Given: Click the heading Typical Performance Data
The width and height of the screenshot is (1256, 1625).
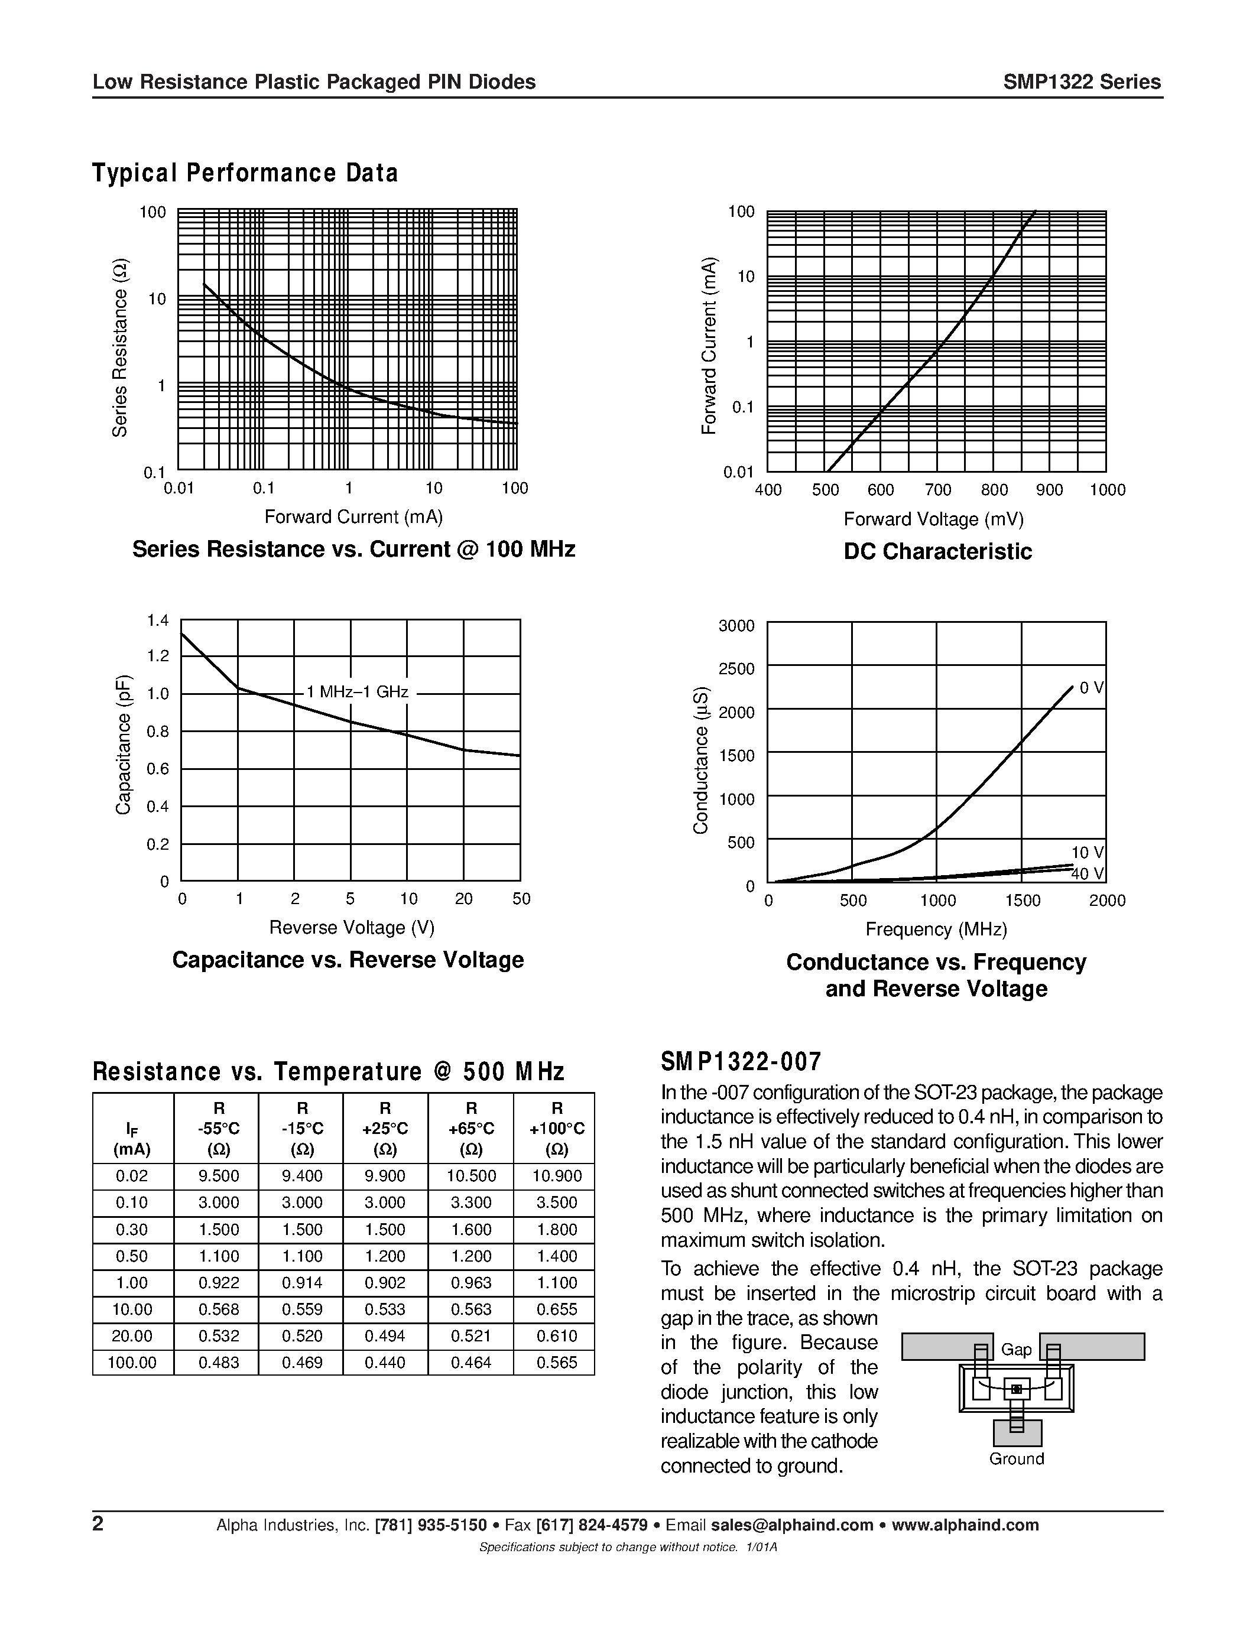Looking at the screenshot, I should coord(245,173).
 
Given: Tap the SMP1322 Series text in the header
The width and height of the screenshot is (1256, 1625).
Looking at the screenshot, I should coord(1081,82).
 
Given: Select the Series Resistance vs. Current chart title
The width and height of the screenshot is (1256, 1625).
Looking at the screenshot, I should coord(353,549).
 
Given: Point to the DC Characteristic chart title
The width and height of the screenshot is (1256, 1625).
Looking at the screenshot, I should coord(937,551).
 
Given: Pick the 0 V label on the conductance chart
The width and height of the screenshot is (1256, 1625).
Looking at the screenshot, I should coord(1091,688).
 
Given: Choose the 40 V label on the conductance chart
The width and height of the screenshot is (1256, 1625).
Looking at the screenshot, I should coord(1087,873).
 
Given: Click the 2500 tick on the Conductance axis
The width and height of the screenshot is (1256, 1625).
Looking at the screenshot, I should coord(736,669).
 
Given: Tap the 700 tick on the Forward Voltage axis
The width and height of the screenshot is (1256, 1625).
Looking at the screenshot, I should coord(937,490).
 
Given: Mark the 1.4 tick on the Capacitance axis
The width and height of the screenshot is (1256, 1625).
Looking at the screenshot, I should coord(158,620).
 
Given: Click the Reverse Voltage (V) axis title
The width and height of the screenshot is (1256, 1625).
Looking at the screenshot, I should coord(351,928).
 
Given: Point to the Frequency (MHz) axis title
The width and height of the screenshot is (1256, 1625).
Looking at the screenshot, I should coord(936,929).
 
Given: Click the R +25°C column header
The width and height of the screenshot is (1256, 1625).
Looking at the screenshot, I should coord(385,1129).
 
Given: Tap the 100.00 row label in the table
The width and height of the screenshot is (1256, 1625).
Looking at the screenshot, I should coord(132,1363).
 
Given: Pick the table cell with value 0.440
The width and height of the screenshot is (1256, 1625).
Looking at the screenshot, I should coord(385,1363).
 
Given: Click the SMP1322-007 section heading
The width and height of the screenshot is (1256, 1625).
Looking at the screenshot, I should coord(741,1062).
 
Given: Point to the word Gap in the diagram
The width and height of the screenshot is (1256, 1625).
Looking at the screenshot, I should coord(1015,1349).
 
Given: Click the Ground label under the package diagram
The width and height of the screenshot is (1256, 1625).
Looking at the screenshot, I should coord(1017,1458).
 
